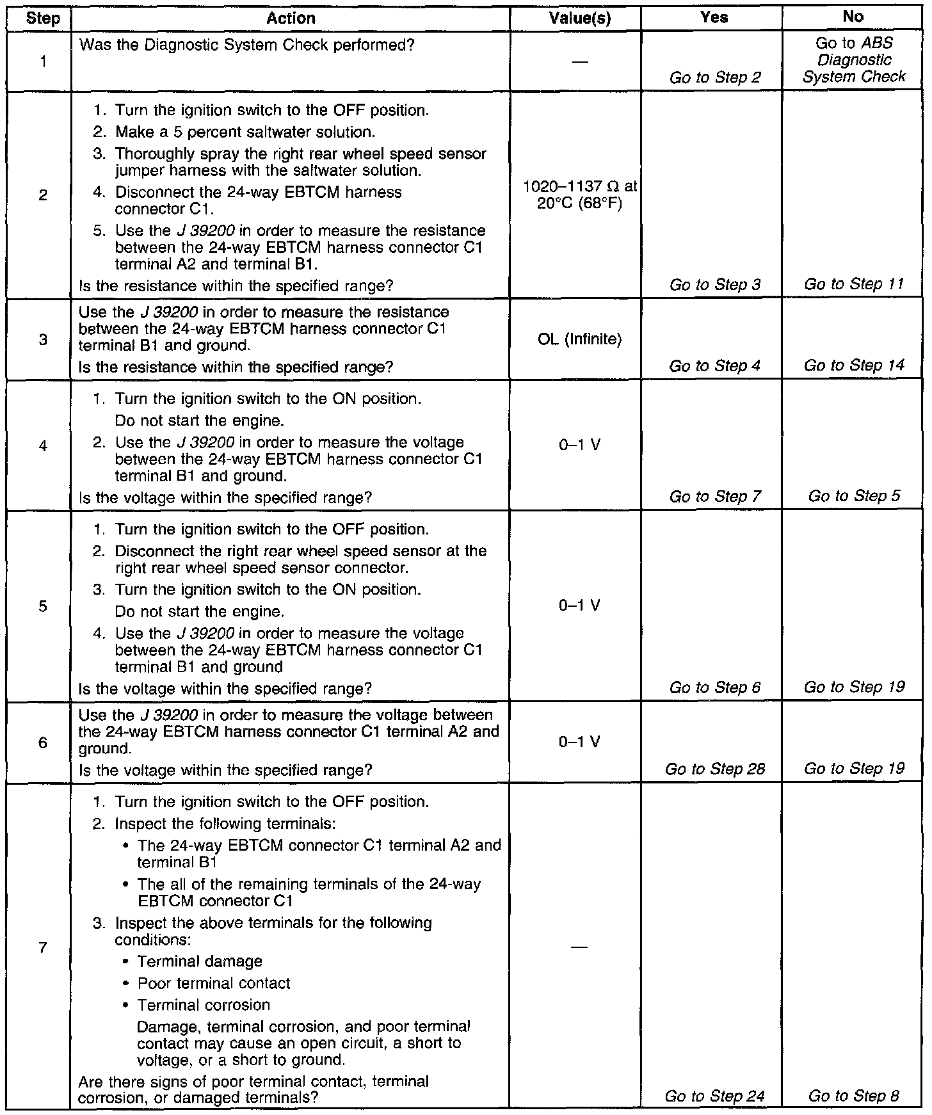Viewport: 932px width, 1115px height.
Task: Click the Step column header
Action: [43, 19]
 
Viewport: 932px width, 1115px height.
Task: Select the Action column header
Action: [291, 19]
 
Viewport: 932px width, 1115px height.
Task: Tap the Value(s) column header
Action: [580, 19]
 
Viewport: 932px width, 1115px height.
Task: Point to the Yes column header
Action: [714, 18]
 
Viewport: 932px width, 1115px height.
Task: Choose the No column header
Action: [853, 17]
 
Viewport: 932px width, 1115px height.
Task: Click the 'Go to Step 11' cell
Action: [854, 284]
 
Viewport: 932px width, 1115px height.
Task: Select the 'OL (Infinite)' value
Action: [580, 339]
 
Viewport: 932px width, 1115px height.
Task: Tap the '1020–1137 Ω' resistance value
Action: [580, 187]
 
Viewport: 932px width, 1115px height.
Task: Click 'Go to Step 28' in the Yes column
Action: [714, 769]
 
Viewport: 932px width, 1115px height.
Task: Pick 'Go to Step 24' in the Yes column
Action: [714, 1096]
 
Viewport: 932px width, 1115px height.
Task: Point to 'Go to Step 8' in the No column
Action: [854, 1096]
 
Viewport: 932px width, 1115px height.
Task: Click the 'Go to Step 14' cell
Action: [854, 365]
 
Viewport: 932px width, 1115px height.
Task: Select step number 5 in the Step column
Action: [43, 606]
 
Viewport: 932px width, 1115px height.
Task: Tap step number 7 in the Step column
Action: [43, 947]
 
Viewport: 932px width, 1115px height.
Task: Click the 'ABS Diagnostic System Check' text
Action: [854, 60]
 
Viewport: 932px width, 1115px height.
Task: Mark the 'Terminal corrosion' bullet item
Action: [204, 1005]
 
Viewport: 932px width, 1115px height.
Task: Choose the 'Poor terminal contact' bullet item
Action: [214, 983]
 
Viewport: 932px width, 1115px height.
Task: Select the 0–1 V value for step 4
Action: [580, 445]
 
